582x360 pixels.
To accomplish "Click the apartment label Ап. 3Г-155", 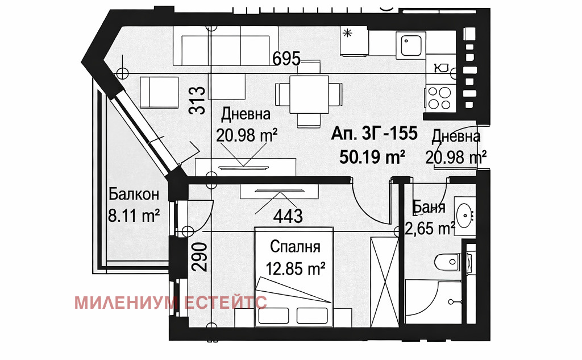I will pos(375,135).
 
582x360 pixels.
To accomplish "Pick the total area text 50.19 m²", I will pos(372,156).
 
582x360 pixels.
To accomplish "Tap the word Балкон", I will pos(134,195).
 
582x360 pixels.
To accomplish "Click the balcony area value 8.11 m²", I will pos(134,216).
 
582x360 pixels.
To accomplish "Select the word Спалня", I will pos(295,247).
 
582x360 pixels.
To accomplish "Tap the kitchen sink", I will pos(411,45).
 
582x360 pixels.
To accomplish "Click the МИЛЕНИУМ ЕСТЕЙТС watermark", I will pos(170,302).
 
